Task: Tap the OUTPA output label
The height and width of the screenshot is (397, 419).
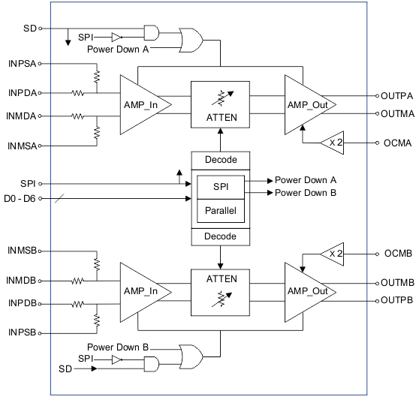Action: coord(398,96)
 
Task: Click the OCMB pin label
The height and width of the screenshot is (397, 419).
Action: coord(398,254)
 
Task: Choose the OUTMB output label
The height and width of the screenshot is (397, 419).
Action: coord(398,283)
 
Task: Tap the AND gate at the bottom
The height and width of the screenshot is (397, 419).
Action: coord(151,364)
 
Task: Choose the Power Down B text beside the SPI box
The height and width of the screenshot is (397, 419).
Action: coord(305,193)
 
